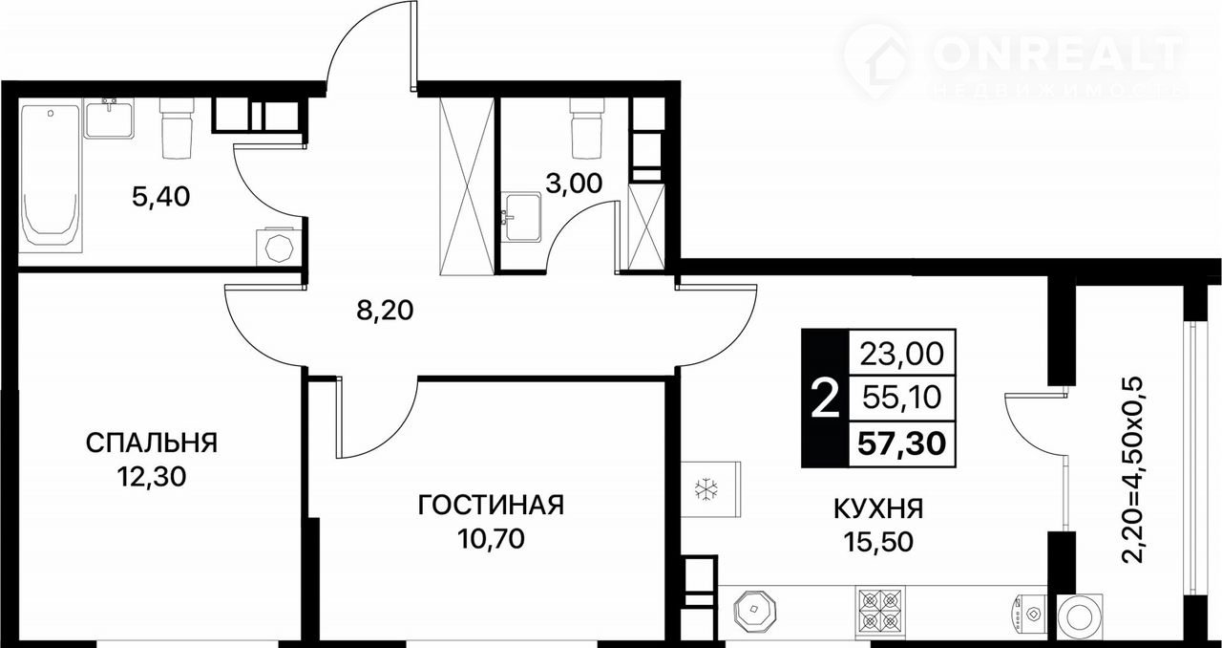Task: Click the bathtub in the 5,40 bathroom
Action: point(51,178)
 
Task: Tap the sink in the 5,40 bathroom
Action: point(109,118)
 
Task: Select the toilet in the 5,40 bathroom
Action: point(178,128)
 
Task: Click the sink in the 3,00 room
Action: point(522,217)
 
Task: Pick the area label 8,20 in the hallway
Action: point(385,311)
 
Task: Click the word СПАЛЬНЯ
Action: point(152,443)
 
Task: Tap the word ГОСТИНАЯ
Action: point(491,505)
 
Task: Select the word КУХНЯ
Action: point(879,509)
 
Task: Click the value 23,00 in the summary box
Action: point(902,353)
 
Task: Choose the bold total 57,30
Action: point(902,443)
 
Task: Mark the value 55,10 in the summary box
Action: point(902,398)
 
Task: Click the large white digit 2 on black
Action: point(825,399)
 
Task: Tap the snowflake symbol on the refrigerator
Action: point(706,489)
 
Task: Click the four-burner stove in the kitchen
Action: point(880,610)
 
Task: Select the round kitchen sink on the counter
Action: point(754,610)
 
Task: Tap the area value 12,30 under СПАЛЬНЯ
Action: point(152,477)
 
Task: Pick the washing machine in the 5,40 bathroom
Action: point(279,247)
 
